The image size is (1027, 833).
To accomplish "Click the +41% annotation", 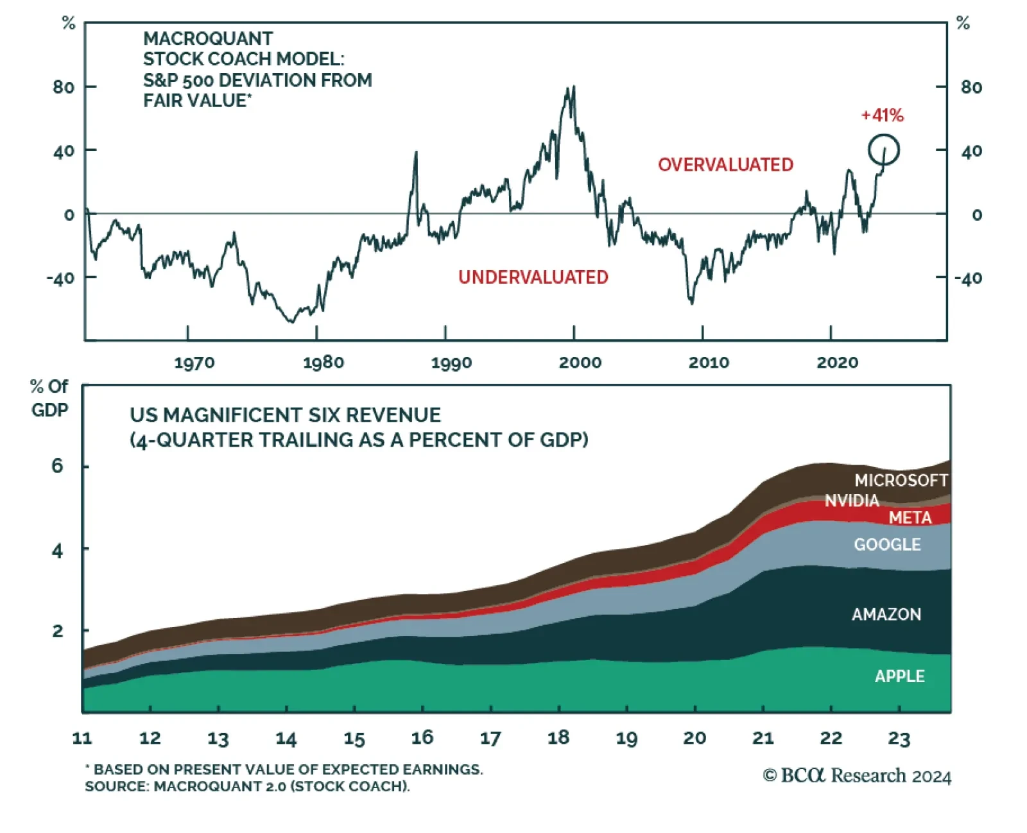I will [882, 116].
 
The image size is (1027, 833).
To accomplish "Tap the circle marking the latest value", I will [884, 150].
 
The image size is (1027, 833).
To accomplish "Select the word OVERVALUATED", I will [725, 165].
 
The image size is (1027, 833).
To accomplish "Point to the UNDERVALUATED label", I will [533, 277].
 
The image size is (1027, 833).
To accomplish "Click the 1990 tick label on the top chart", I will [451, 363].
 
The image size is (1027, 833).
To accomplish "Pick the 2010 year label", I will [709, 363].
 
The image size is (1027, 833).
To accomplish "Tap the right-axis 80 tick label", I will [971, 87].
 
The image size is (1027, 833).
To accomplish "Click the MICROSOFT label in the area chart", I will [901, 480].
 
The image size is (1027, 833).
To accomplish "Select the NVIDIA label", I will [852, 501].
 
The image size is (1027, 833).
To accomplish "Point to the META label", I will [910, 517].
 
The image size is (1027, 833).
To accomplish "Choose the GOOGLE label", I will [887, 545].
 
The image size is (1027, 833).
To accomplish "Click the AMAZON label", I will [886, 614].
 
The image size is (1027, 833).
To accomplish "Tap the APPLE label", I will [900, 676].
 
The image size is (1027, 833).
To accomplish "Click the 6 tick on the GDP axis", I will [58, 466].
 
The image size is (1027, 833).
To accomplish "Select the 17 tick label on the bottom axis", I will [490, 739].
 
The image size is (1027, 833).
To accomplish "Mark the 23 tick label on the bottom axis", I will [899, 739].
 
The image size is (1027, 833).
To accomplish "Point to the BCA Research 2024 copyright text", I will [857, 776].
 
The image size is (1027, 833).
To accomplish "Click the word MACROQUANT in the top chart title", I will [208, 39].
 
